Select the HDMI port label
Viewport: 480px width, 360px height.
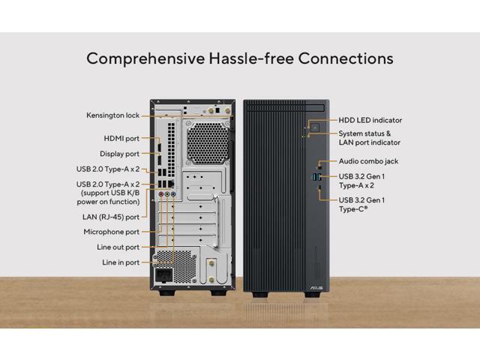(x=121, y=139)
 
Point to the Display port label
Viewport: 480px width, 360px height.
(x=119, y=154)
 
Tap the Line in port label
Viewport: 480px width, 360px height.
(x=121, y=262)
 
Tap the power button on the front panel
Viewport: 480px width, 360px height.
(x=316, y=127)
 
